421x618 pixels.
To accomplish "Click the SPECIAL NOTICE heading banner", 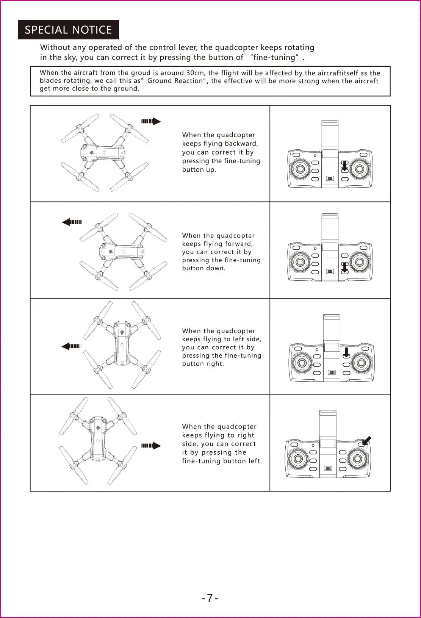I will pyautogui.click(x=68, y=30).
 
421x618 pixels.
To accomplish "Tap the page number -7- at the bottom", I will pyautogui.click(x=210, y=598).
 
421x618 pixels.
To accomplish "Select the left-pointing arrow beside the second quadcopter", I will pyautogui.click(x=72, y=222).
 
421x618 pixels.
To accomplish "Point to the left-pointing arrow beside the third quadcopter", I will pyautogui.click(x=71, y=346).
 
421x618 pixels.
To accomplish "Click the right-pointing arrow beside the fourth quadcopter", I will pyautogui.click(x=151, y=446).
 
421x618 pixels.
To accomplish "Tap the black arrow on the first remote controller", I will pyautogui.click(x=344, y=166).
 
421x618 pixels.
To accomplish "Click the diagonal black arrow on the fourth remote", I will pyautogui.click(x=366, y=441).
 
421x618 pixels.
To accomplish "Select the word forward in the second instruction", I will pyautogui.click(x=239, y=244).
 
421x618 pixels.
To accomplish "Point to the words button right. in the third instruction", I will pyautogui.click(x=203, y=364).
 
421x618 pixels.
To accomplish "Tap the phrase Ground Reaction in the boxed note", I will pyautogui.click(x=175, y=81).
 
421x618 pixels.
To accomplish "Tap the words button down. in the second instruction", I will pyautogui.click(x=203, y=268).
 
